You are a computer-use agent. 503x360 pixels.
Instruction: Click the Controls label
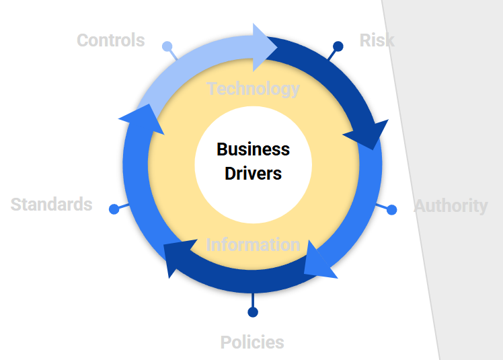110,40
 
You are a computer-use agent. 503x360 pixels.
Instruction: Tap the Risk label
377,40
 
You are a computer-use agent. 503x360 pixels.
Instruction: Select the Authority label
451,206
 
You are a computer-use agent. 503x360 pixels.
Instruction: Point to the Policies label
252,343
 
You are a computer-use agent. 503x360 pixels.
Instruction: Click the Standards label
51,205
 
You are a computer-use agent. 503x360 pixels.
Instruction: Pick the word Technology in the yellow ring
254,89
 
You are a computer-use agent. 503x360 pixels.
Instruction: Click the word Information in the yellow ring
253,244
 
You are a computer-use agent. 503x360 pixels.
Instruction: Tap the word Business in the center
253,149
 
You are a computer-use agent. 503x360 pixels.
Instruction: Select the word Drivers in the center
253,174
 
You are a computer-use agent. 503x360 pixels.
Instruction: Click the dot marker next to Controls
167,46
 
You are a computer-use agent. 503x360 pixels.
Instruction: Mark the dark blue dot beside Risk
338,46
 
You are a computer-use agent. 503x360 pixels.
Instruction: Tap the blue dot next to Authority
392,210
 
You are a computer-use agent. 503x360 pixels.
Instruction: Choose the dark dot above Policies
253,312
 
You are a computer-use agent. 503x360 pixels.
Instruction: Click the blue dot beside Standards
114,209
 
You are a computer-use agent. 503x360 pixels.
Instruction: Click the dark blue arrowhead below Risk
367,135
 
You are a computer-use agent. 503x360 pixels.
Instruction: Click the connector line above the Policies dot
253,300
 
